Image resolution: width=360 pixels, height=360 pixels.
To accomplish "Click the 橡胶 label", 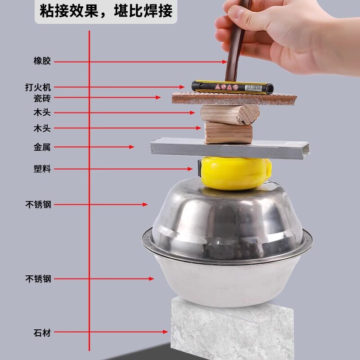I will click(x=42, y=61).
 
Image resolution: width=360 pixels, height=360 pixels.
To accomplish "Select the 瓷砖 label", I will click(x=42, y=98).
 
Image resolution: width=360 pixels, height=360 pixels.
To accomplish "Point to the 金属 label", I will click(x=42, y=147).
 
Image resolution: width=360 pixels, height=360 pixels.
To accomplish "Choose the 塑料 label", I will click(x=42, y=169).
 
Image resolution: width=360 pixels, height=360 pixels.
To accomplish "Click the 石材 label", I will click(x=42, y=333).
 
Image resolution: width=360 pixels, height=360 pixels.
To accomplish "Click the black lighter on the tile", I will click(x=232, y=86).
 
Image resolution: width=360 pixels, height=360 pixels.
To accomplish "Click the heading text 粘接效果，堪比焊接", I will click(x=106, y=11).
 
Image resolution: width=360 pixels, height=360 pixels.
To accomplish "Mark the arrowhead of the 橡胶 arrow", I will click(x=225, y=61).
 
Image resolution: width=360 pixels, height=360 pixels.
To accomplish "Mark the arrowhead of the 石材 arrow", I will click(x=166, y=332).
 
